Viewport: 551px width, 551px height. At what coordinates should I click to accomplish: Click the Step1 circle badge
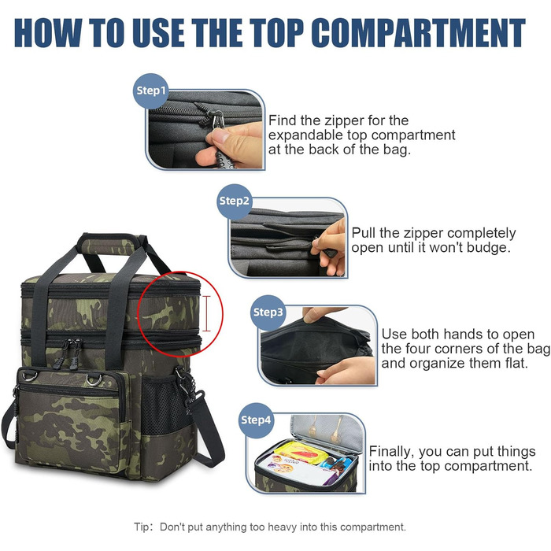151,91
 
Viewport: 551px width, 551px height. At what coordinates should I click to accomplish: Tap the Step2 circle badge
234,201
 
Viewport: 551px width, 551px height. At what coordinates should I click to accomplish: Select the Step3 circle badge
268,312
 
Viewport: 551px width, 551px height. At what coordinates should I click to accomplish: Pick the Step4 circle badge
256,420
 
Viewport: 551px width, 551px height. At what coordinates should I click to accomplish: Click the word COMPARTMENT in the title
418,32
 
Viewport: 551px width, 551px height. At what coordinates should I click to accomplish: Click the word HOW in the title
48,32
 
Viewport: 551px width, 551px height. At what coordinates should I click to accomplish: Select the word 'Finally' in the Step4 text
391,452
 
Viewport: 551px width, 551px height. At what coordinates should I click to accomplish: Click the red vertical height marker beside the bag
206,313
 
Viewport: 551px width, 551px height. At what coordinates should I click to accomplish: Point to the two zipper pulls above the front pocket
70,353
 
